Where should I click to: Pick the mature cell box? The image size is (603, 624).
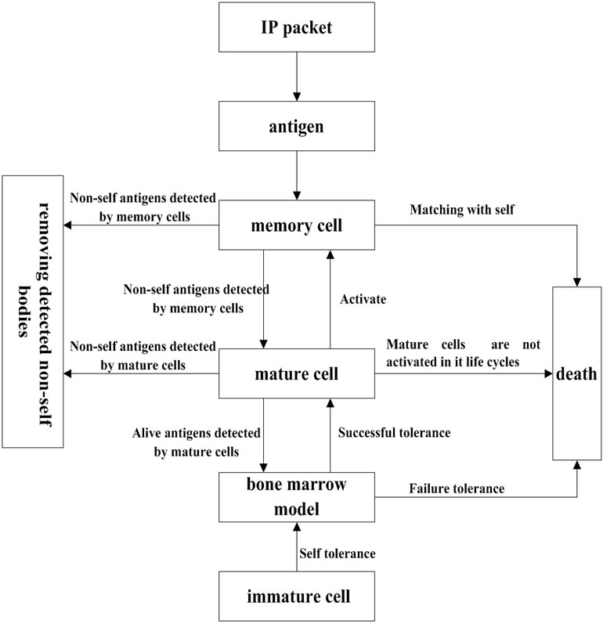pyautogui.click(x=297, y=373)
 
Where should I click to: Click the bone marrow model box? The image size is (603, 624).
pyautogui.click(x=297, y=496)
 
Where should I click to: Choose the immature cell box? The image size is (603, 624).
pyautogui.click(x=297, y=596)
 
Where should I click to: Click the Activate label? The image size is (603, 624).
pyautogui.click(x=365, y=298)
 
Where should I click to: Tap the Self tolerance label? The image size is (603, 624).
pyautogui.click(x=337, y=553)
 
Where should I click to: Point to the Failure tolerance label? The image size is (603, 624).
pyautogui.click(x=456, y=489)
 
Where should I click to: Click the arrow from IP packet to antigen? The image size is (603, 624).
pyautogui.click(x=297, y=81)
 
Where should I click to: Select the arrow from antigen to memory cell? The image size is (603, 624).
pyautogui.click(x=297, y=175)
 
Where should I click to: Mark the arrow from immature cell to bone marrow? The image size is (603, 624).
pyautogui.click(x=297, y=548)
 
